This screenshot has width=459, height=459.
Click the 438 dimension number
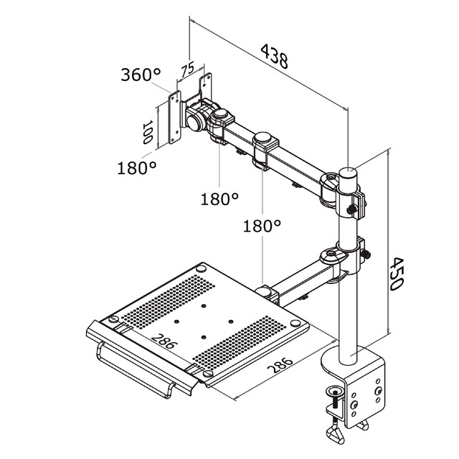tap(274, 56)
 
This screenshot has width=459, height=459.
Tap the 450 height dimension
tap(397, 274)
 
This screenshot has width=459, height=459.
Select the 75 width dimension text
tap(187, 69)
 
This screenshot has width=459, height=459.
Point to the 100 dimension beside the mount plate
tap(148, 132)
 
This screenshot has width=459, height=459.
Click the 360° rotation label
tap(141, 75)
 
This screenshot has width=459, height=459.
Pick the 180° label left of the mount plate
tap(137, 168)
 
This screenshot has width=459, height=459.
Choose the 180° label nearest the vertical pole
tap(262, 226)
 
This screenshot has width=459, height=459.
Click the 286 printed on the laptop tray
tap(164, 341)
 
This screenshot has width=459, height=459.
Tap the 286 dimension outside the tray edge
tap(280, 365)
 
